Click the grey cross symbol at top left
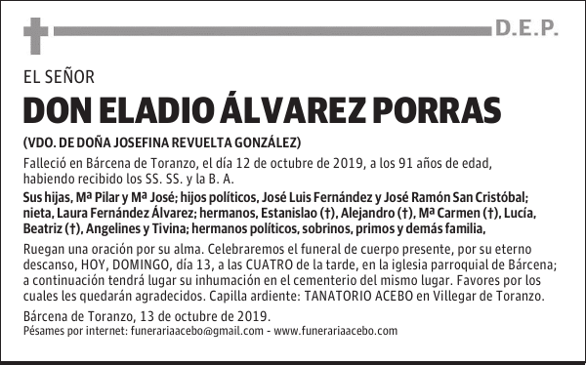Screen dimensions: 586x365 35,36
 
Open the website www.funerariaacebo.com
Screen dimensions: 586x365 336,331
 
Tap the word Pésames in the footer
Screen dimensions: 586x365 41,331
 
